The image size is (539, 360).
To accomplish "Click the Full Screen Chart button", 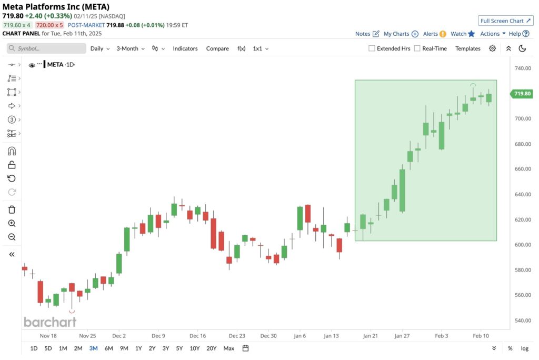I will tap(505, 21).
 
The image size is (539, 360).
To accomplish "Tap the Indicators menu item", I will tap(185, 48).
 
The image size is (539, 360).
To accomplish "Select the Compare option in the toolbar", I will tap(217, 48).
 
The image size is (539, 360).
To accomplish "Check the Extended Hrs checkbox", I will tap(372, 48).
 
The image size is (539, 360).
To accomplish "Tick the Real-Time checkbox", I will tap(417, 48).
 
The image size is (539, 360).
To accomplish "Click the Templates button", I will tap(468, 48).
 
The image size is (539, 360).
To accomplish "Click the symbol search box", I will tap(47, 48).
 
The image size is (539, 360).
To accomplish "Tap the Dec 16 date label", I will tap(198, 335).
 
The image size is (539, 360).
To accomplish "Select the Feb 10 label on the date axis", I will tap(481, 335).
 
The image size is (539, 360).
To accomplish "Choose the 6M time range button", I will tap(108, 348).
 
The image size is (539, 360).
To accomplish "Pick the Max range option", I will tap(228, 348).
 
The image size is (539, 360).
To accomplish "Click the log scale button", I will tap(524, 348).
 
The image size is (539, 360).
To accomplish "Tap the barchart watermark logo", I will tap(50, 322).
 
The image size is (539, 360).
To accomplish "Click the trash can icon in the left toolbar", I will tap(12, 209).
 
